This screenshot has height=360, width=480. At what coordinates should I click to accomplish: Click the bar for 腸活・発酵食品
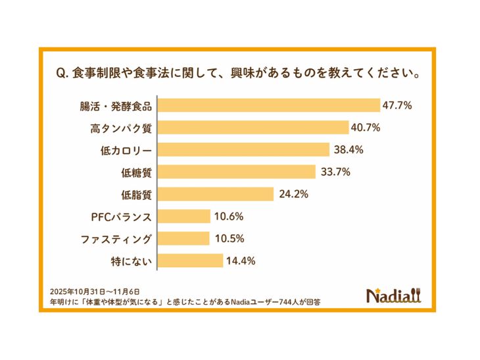[x=269, y=105]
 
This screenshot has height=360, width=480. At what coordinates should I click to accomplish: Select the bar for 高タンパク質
[x=253, y=128]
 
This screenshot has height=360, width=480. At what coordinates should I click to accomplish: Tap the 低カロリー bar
[x=243, y=149]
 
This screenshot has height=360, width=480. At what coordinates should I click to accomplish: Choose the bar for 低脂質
[x=215, y=194]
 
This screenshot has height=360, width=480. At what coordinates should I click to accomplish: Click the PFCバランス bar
[x=183, y=217]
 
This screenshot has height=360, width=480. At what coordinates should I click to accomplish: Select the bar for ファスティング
[x=183, y=238]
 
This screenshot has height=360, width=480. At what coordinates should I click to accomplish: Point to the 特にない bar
[x=190, y=261]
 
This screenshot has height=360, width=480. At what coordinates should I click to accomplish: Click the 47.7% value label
[x=398, y=105]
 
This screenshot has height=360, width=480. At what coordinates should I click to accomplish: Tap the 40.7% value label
[x=366, y=128]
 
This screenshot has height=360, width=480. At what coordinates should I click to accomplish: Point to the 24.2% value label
[x=292, y=194]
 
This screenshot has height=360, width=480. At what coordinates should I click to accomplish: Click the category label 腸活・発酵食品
[x=120, y=105]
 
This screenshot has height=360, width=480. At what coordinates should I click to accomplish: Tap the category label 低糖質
[x=137, y=172]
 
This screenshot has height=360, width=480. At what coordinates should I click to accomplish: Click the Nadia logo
[x=394, y=295]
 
